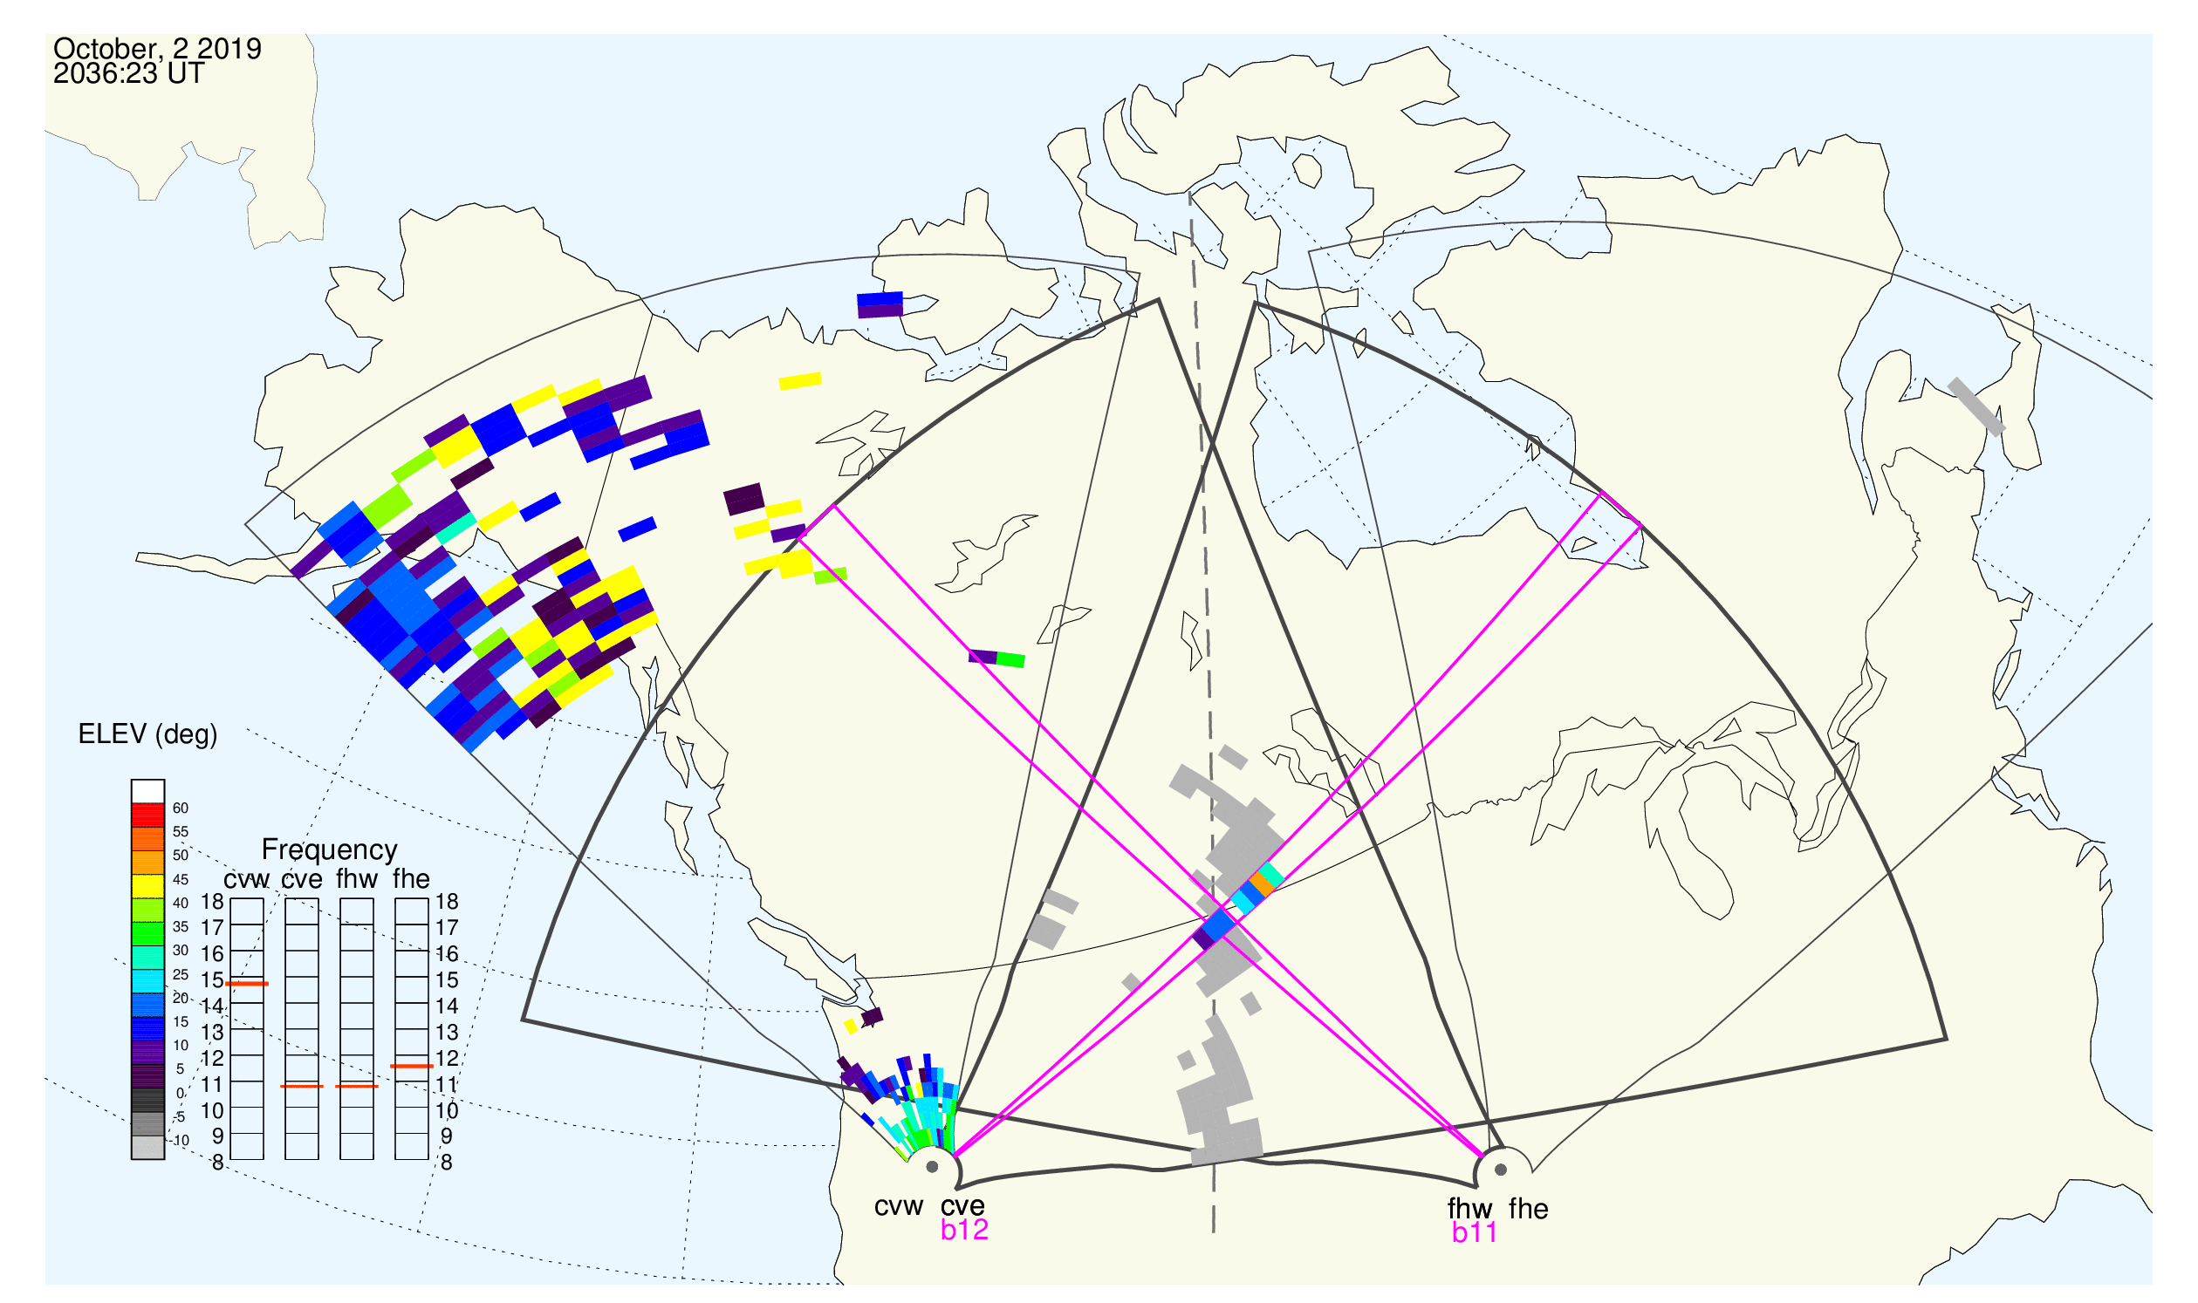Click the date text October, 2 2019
pyautogui.click(x=157, y=48)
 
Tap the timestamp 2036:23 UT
pyautogui.click(x=128, y=74)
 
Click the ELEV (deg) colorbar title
pyautogui.click(x=147, y=734)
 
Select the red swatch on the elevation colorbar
pyautogui.click(x=147, y=815)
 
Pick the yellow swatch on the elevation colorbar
pyautogui.click(x=147, y=887)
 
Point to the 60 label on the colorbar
pyautogui.click(x=180, y=808)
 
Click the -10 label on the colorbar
pyautogui.click(x=180, y=1141)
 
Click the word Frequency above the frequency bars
pyautogui.click(x=330, y=850)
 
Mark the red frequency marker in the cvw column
pyautogui.click(x=247, y=985)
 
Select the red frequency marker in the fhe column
pyautogui.click(x=412, y=1067)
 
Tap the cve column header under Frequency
pyautogui.click(x=302, y=880)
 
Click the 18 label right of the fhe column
pyautogui.click(x=446, y=902)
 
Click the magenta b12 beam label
pyautogui.click(x=964, y=1230)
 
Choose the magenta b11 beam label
pyautogui.click(x=1474, y=1233)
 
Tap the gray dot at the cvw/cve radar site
pyautogui.click(x=932, y=1168)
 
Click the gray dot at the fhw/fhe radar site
pyautogui.click(x=1502, y=1170)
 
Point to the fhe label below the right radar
pyautogui.click(x=1529, y=1209)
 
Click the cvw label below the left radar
pyautogui.click(x=899, y=1206)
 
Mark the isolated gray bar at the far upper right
pyautogui.click(x=1976, y=406)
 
